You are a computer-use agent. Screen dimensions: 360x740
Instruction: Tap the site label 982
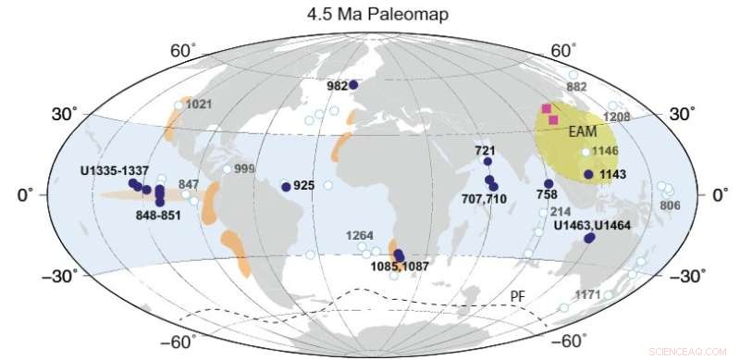(337, 85)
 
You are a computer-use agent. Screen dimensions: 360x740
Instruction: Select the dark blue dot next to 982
(352, 84)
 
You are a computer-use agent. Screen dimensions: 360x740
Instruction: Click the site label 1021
(200, 105)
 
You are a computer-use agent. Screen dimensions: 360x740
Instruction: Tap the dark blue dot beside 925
(285, 186)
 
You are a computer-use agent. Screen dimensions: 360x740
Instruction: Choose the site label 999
(244, 168)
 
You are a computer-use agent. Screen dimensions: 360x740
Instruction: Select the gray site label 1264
(360, 236)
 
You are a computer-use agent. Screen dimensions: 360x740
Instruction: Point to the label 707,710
(483, 198)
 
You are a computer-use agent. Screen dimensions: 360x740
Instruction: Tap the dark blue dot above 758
(549, 183)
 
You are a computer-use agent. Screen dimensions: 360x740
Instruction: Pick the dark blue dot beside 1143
(588, 174)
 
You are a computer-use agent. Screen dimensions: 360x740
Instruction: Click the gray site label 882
(577, 87)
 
